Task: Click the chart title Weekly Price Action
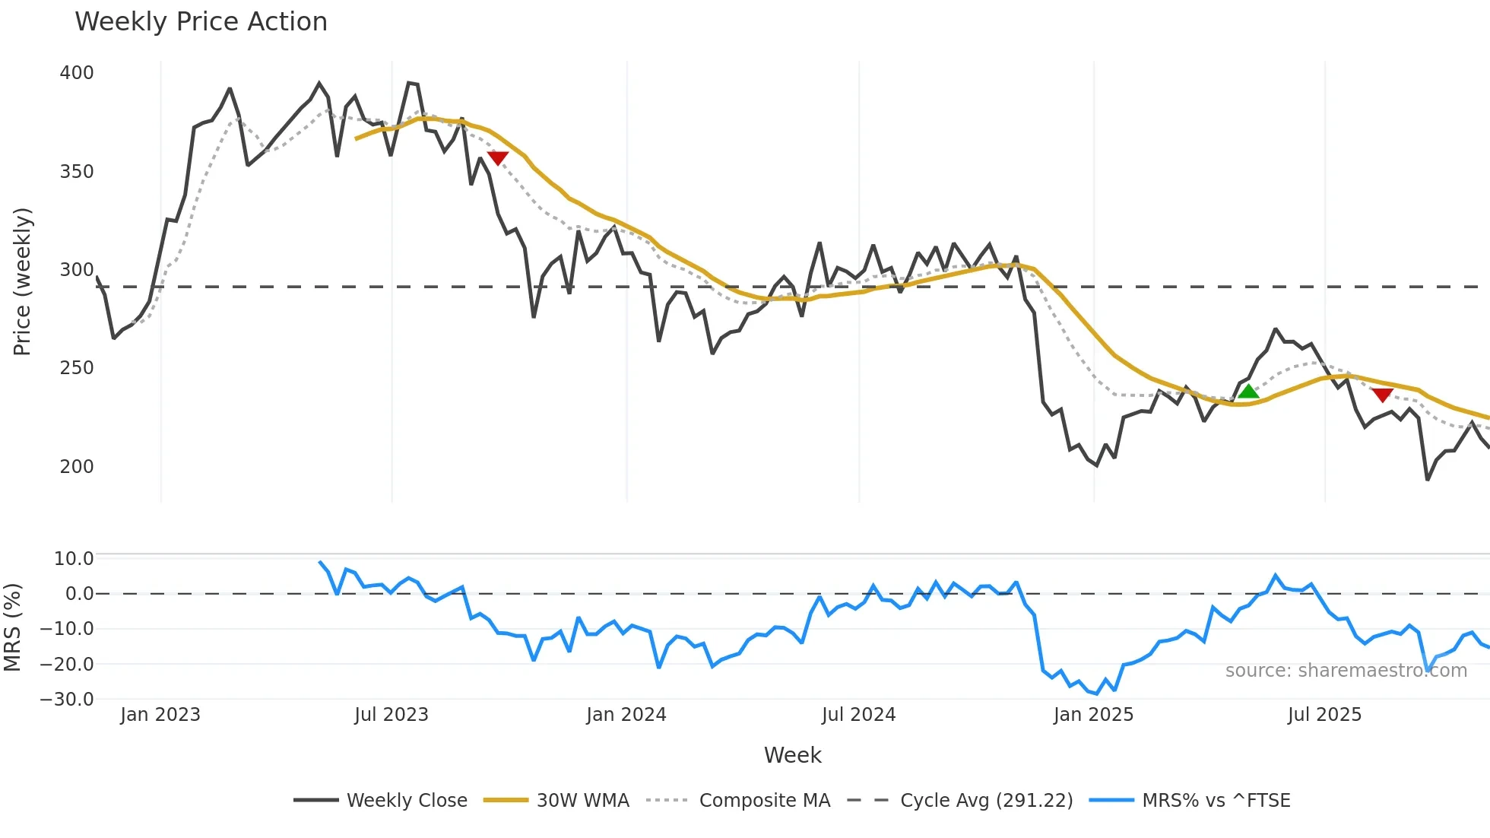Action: pos(201,22)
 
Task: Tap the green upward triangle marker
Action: pos(1248,392)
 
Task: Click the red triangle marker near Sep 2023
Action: pos(497,157)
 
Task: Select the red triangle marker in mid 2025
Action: pos(1382,395)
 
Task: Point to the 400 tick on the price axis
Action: pos(77,73)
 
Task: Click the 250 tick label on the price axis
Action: pos(77,368)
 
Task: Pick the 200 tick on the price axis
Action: pos(77,467)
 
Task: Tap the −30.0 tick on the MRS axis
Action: pos(67,700)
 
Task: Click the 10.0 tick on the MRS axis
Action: pos(74,559)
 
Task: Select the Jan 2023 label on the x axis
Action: pos(160,715)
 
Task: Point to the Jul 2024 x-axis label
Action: pos(858,715)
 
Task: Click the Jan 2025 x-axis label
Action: pos(1093,715)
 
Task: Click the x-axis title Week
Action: pos(792,755)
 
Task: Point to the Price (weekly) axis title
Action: pos(23,281)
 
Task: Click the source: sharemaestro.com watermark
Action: pos(1346,671)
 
